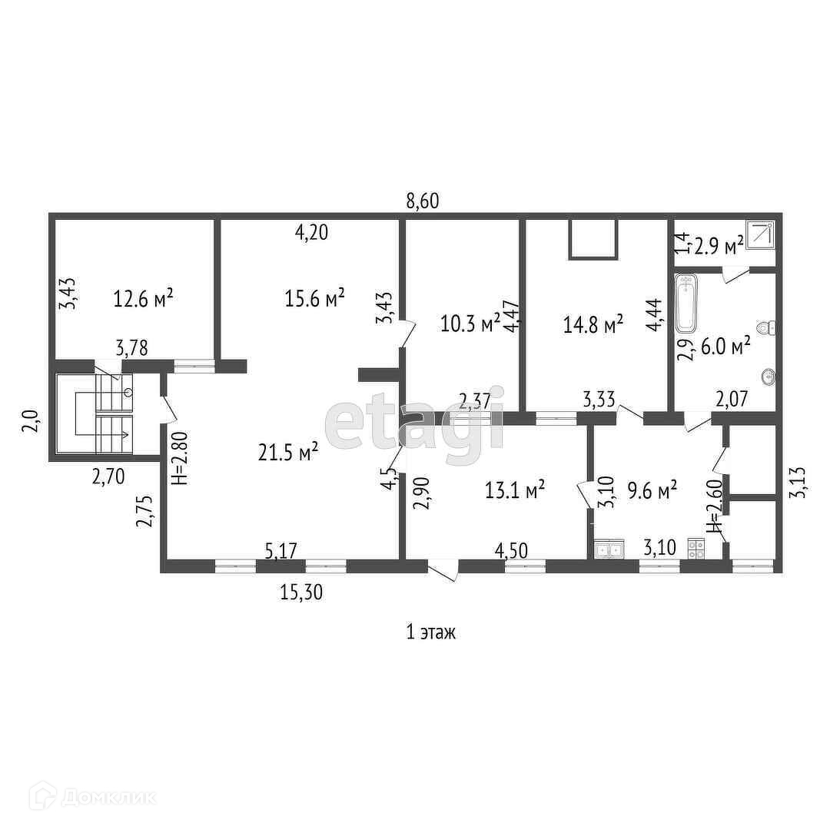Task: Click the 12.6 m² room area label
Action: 143,297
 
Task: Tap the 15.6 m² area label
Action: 314,297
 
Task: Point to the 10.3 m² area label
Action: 470,324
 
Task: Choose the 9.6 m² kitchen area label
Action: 652,489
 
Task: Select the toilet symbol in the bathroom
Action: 765,329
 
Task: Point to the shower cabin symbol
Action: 761,234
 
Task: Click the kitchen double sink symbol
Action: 609,549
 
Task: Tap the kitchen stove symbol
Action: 697,549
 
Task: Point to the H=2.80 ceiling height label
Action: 179,458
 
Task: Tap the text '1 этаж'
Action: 430,632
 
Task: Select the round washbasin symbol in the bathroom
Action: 768,377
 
